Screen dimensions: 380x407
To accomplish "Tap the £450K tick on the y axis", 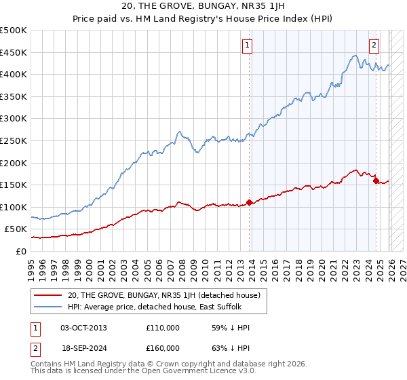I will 15,52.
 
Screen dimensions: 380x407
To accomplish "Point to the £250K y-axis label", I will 15,140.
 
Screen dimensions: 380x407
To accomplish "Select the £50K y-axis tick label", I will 18,229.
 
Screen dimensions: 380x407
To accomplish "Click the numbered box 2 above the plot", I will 374,46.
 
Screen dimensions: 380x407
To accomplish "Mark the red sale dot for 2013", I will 249,202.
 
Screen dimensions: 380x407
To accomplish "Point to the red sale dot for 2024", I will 376,180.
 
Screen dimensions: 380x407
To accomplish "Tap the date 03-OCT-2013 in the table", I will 83,328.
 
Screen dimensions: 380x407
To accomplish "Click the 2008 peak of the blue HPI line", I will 178,132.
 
